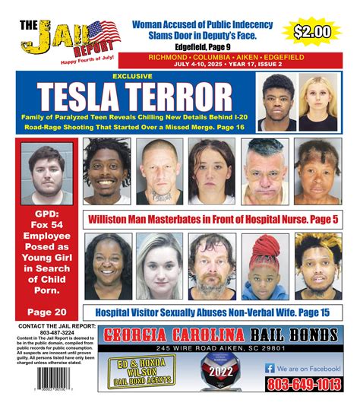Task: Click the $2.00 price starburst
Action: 312,32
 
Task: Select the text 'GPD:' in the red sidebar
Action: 42,216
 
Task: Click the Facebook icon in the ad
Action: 270,367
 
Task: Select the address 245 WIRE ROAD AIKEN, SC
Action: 218,347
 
